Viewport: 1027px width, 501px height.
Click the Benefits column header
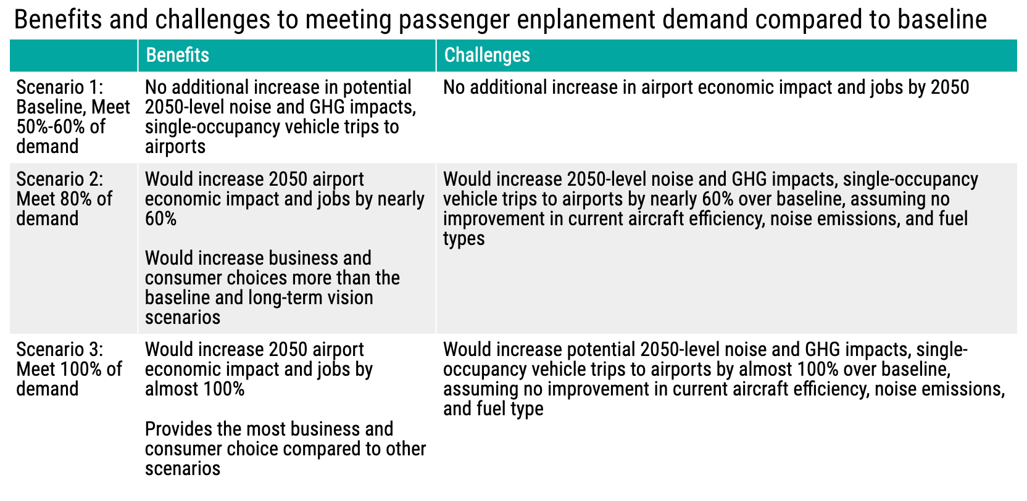click(177, 56)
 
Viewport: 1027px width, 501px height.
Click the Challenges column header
click(486, 56)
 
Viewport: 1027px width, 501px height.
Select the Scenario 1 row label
click(73, 117)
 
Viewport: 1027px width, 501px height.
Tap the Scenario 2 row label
click(64, 199)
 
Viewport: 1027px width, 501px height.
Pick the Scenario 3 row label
click(69, 369)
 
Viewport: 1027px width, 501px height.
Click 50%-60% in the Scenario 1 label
click(60, 127)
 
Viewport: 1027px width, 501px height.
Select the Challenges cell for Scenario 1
click(705, 88)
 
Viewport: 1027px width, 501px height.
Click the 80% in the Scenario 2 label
click(78, 199)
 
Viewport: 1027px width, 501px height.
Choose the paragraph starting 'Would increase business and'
click(272, 288)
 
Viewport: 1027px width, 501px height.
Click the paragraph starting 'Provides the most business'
click(285, 449)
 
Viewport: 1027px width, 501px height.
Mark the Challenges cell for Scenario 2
click(710, 209)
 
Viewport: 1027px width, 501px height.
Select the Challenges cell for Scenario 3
click(723, 379)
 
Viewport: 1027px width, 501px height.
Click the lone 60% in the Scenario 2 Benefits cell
click(160, 219)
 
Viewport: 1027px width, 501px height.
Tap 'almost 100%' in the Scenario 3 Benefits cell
click(194, 389)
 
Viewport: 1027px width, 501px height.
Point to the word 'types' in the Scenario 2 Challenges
click(464, 239)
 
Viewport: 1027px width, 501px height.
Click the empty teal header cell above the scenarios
click(73, 56)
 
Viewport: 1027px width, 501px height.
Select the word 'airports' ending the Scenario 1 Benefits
click(175, 147)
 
